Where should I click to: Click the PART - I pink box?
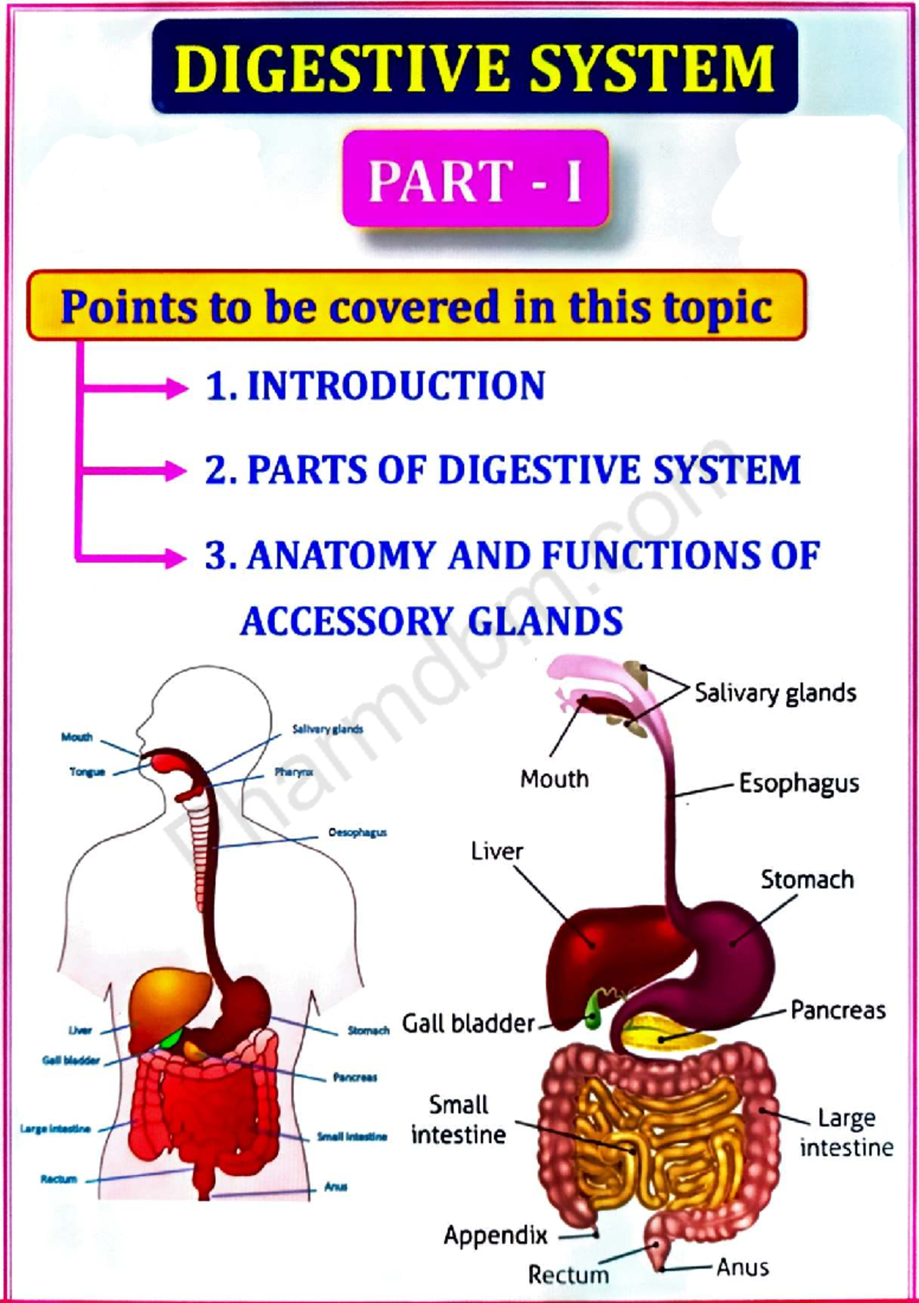[476, 179]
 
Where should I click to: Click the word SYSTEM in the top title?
[652, 68]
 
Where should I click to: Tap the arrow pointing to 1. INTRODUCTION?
[134, 388]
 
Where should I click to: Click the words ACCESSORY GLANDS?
[431, 621]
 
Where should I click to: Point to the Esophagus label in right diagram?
[798, 784]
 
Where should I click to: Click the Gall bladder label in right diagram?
[468, 1023]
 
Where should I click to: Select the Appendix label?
[495, 1235]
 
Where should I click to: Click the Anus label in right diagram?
[742, 1268]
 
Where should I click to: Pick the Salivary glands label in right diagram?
[775, 693]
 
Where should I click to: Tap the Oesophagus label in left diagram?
[358, 833]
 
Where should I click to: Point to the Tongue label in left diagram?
[87, 772]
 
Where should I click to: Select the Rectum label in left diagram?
[59, 1179]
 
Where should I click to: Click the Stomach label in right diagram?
[806, 879]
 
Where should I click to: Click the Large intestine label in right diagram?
[846, 1132]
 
